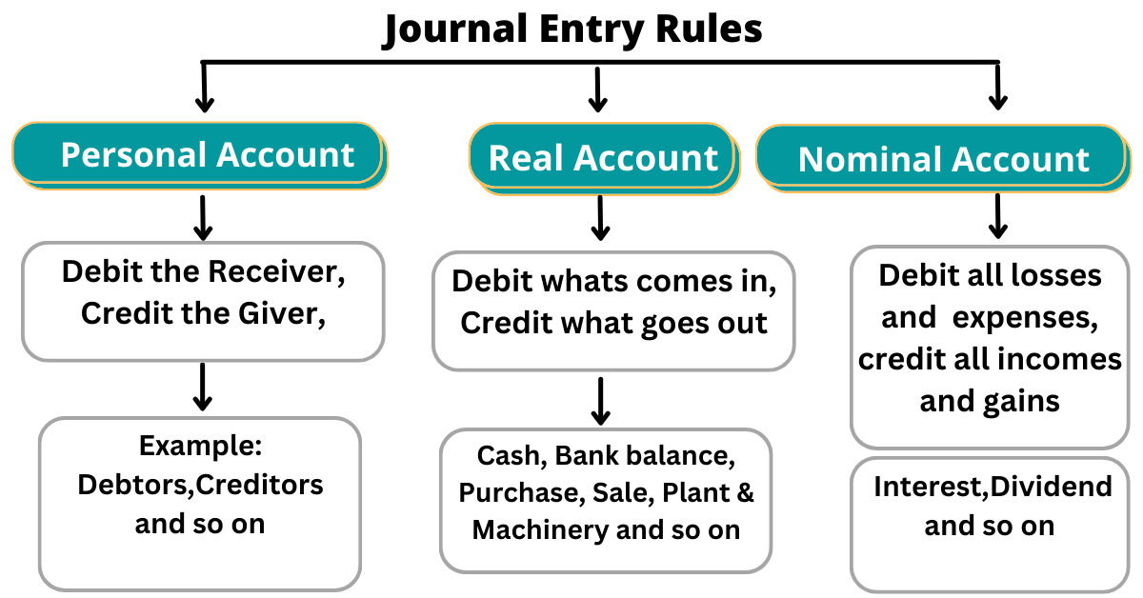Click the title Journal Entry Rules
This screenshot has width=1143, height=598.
571,30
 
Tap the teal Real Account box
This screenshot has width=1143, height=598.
603,158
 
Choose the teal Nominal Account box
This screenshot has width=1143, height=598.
943,159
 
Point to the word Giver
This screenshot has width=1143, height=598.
281,313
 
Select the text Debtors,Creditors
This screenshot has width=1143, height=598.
200,484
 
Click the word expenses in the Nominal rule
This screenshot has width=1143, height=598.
1030,318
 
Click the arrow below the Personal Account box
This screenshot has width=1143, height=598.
202,218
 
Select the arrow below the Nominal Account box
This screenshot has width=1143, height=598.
997,216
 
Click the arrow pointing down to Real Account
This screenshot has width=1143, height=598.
597,90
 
